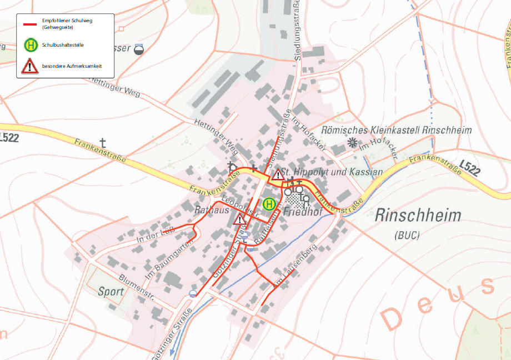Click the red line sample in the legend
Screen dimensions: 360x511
point(29,24)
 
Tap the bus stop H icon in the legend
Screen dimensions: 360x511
point(30,44)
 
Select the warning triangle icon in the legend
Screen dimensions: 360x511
point(30,66)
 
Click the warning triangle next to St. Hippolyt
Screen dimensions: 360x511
point(278,175)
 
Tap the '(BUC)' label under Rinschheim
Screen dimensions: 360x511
point(408,235)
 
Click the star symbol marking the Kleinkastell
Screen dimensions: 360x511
point(352,143)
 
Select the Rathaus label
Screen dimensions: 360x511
point(208,211)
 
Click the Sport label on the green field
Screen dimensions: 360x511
point(111,291)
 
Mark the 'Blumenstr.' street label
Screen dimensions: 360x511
point(136,286)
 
